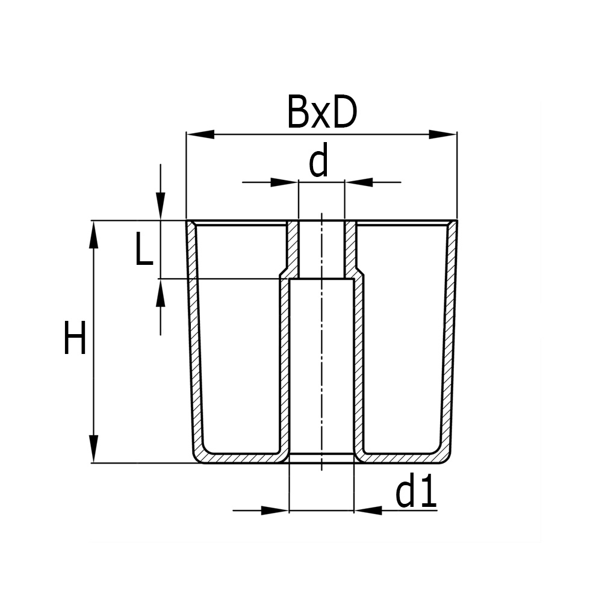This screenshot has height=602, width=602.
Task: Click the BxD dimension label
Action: point(322,112)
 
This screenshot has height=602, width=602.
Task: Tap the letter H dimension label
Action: point(75,338)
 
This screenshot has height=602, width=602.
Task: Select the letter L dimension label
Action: point(144,249)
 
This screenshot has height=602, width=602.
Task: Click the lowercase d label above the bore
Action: point(318,160)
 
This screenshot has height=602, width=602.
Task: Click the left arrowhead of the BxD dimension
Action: point(200,134)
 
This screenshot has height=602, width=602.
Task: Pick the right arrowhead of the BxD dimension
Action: point(443,134)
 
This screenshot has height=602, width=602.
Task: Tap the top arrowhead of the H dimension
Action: point(93,235)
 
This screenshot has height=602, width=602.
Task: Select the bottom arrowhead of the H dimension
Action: point(93,449)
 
